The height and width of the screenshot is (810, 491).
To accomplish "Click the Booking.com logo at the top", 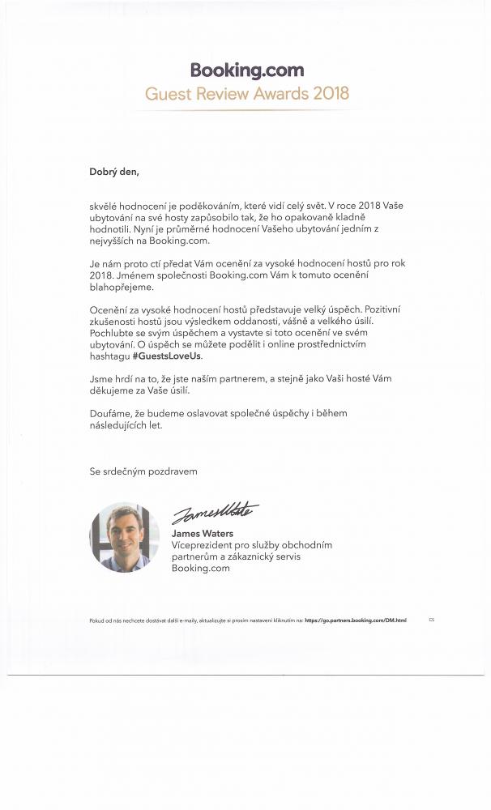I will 247,70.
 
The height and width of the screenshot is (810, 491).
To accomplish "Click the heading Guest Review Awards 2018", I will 247,93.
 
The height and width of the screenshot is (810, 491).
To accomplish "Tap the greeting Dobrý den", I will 114,171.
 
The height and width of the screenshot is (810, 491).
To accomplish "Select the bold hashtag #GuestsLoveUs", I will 167,356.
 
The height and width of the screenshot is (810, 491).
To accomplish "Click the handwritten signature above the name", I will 215,513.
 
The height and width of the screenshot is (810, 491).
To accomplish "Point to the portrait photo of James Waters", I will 124,537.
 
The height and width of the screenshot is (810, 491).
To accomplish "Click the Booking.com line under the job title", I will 201,568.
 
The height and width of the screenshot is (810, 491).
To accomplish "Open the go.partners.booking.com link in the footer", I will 356,620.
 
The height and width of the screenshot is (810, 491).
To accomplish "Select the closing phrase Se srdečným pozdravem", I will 143,471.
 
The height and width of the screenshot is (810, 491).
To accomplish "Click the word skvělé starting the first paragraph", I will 105,207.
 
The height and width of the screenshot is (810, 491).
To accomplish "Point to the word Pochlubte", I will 113,333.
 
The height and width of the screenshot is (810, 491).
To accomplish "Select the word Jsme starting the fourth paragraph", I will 101,378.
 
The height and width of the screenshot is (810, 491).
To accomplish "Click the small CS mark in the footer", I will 432,620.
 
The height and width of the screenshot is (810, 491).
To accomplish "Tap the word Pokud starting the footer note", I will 96,620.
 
